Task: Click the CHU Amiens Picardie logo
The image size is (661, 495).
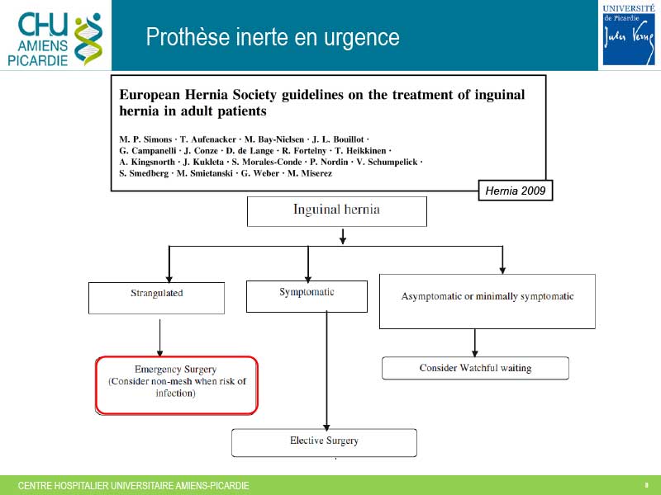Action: coord(55,39)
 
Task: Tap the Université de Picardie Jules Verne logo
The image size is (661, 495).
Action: coord(629,35)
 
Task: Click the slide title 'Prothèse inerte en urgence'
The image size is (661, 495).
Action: coord(273,36)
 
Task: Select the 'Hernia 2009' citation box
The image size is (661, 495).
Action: coord(515,191)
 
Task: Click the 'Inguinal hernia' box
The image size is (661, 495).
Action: coord(337,211)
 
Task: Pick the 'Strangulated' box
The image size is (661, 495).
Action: coord(156,298)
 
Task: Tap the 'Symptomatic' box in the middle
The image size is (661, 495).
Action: coord(307,296)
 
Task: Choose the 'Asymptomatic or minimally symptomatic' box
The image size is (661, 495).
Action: coord(487,301)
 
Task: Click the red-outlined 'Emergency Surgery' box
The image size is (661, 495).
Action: coord(177,385)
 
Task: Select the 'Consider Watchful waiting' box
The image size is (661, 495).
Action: coord(476,368)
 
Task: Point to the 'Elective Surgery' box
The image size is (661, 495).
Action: coord(324,442)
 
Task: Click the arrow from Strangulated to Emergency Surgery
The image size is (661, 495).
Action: coord(159,337)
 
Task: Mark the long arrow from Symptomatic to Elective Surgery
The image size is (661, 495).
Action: coord(326,370)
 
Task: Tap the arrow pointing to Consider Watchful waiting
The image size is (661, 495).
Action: coord(475,343)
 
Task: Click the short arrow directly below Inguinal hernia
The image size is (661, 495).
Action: coord(343,237)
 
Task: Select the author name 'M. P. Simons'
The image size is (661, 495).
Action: coord(145,139)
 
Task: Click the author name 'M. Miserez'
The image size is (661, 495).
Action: coord(310,173)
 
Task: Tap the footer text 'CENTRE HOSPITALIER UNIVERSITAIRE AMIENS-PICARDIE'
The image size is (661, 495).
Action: coord(133,486)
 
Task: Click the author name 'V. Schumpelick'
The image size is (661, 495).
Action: coord(387,162)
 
